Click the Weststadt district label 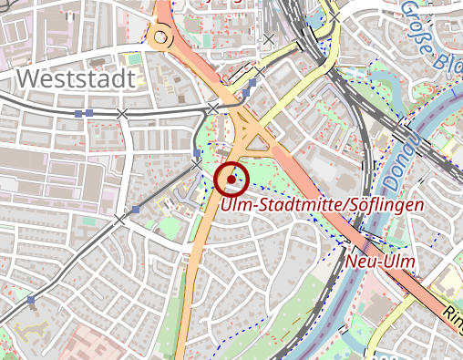tap(76, 78)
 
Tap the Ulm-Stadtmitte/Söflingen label tap(322, 205)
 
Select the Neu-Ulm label tap(381, 262)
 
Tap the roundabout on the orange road tap(161, 37)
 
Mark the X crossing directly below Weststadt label tap(122, 113)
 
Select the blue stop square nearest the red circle tap(198, 152)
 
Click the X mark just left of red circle tap(196, 165)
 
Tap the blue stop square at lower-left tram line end tap(31, 299)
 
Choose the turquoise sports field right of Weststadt tap(134, 59)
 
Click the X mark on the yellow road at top tap(335, 17)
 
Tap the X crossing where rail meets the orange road tap(213, 108)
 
